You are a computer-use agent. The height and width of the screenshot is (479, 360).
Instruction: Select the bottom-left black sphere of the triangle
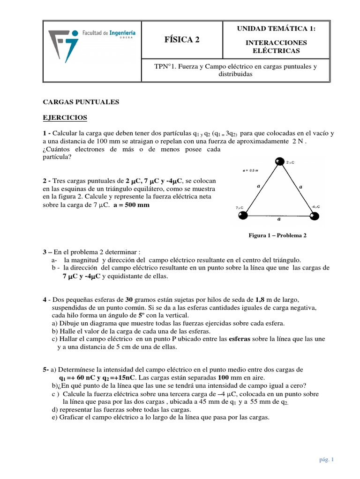pyautogui.click(x=243, y=215)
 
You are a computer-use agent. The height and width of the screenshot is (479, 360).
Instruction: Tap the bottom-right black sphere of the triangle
pyautogui.click(x=315, y=215)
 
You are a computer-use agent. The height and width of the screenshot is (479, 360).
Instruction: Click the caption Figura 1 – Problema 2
pyautogui.click(x=277, y=235)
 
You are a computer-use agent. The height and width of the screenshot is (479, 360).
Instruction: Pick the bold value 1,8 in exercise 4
pyautogui.click(x=261, y=299)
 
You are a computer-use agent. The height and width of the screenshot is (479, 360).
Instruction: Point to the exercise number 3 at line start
pyautogui.click(x=45, y=252)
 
